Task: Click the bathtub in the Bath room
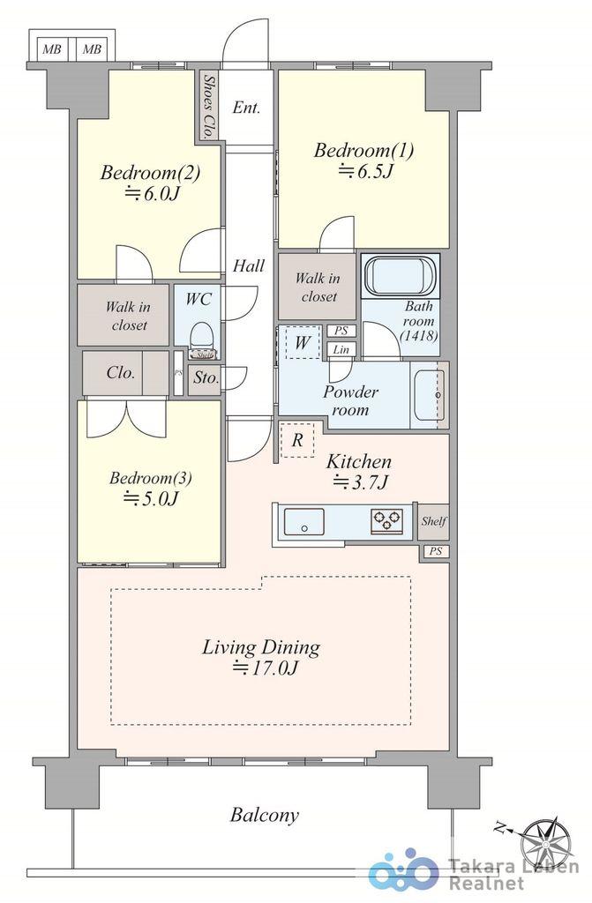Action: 401,275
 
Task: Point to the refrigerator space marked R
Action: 297,440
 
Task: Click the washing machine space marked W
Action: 302,343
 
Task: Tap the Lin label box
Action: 341,349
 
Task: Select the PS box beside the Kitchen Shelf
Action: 435,551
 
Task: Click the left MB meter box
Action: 52,49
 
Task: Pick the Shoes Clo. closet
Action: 209,107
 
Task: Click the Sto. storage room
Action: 206,378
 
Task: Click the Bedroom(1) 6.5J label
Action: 363,160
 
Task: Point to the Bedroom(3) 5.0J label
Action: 151,488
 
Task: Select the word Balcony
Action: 265,816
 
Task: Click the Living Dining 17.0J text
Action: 261,656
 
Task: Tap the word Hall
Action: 249,265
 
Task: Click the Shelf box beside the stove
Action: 433,522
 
